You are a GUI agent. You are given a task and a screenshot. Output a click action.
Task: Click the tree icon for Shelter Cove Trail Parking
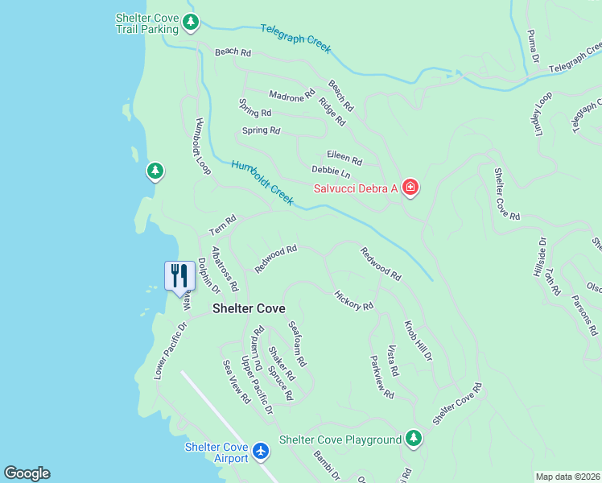coord(190,23)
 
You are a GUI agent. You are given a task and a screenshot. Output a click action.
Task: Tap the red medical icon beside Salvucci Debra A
coord(410,188)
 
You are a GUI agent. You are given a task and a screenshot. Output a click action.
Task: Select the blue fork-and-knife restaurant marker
coord(178,276)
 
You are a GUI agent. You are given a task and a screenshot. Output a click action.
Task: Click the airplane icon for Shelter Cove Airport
coord(260,452)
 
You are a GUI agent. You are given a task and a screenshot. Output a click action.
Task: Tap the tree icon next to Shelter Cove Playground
coord(413,439)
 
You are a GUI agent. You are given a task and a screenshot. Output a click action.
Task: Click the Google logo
coord(27,473)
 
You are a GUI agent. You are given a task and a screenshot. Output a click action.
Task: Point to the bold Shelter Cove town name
coord(249,308)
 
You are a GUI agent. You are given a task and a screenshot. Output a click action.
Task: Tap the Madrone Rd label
coord(291,96)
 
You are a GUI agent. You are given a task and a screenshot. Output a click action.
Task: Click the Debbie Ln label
coord(332,173)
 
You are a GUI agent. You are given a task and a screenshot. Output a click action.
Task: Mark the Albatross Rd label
coord(225,269)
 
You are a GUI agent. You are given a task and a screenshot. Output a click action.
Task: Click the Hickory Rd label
coord(353,301)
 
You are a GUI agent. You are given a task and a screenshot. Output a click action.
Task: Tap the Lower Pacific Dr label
coord(171,351)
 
